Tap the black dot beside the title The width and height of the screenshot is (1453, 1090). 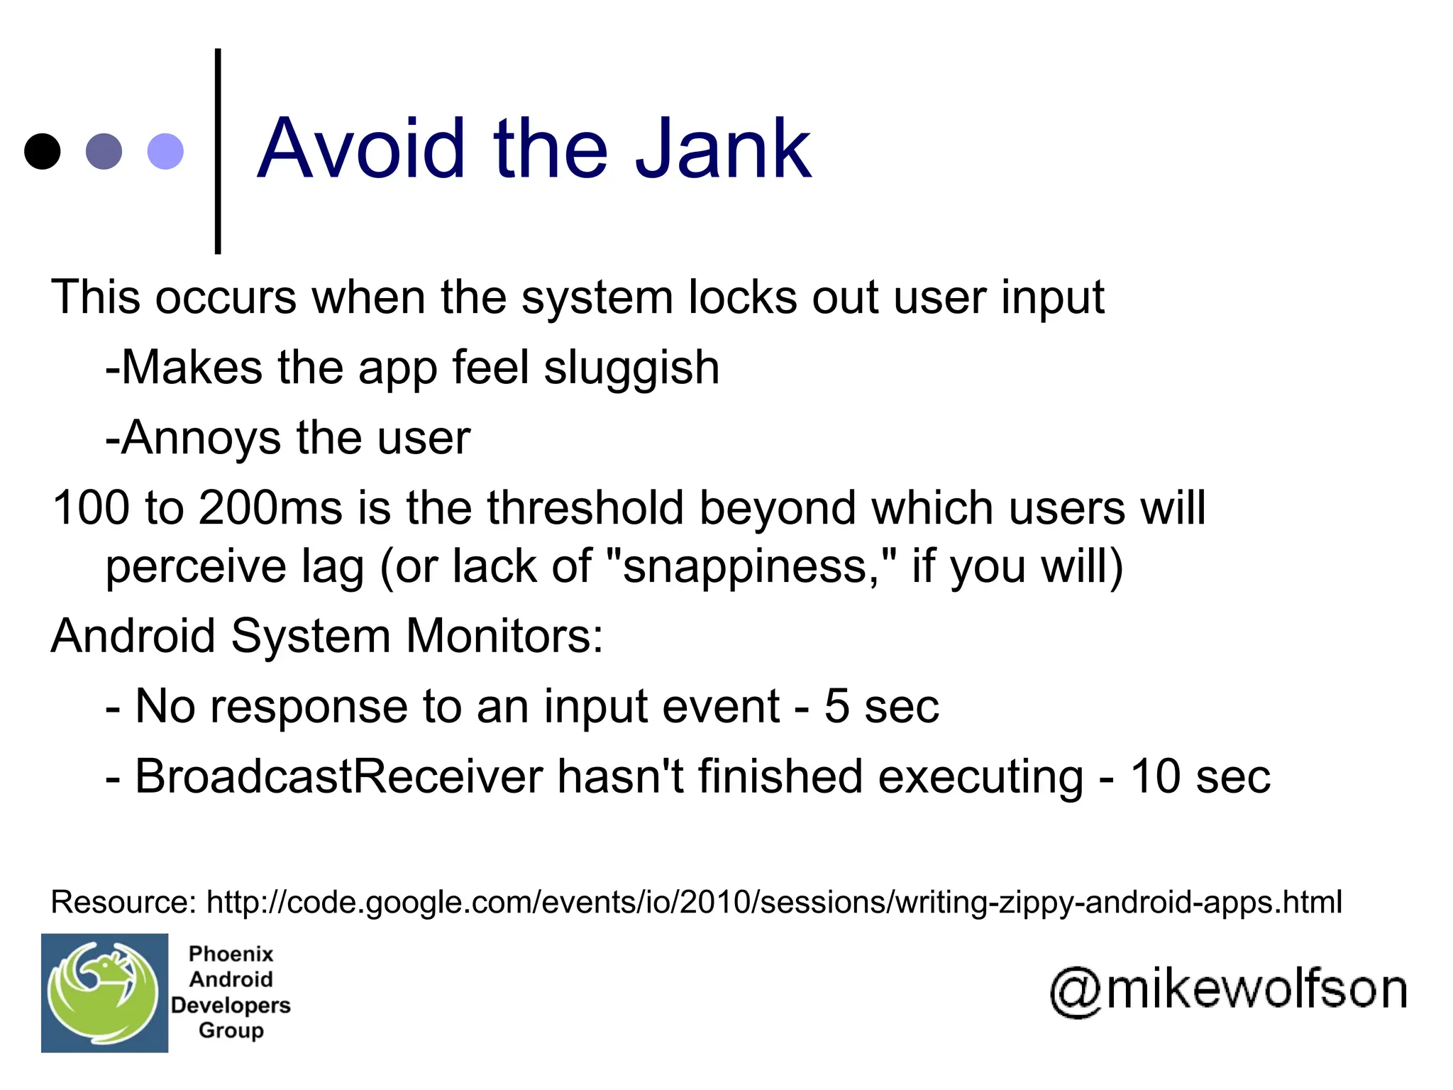43,151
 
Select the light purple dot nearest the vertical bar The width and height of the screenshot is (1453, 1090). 165,151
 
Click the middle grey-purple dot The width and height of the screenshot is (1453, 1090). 104,151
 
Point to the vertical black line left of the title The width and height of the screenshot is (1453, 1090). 218,150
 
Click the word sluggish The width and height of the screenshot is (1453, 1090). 631,368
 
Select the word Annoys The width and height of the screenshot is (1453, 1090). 201,438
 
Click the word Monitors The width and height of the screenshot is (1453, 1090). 504,636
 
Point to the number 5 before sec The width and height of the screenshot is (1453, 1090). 836,706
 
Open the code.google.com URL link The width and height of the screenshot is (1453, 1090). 774,903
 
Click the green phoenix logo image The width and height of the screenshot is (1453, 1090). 104,992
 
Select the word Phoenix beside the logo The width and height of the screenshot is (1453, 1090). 231,954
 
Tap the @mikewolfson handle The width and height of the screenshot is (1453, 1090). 1228,991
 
